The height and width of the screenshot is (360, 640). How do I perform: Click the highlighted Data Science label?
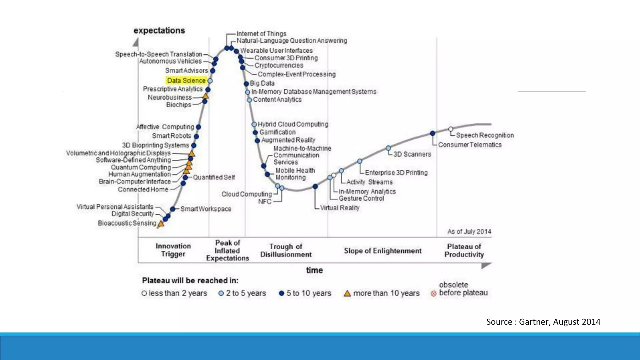tap(186, 81)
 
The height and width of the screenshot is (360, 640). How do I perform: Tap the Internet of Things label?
tap(261, 33)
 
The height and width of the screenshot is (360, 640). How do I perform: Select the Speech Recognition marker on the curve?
tap(451, 129)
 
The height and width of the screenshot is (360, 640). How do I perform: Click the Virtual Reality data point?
tap(315, 187)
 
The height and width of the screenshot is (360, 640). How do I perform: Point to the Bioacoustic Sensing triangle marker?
tap(161, 223)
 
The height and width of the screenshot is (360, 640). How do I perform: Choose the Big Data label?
tap(262, 83)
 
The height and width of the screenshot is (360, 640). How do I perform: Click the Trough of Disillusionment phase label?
tap(286, 251)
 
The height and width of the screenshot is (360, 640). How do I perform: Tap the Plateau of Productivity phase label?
tap(464, 251)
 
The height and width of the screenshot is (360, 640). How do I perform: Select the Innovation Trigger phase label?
tap(173, 250)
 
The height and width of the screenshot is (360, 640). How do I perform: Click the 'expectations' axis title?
tap(159, 30)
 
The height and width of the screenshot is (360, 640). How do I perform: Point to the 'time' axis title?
tap(314, 270)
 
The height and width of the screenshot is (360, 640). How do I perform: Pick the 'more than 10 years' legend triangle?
tap(347, 293)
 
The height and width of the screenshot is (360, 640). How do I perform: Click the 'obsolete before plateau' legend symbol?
tap(433, 293)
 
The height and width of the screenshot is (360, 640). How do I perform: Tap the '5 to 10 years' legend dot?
tap(281, 293)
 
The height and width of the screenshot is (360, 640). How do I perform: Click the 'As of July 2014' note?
tap(469, 232)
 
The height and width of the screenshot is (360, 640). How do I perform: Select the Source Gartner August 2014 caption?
tap(543, 322)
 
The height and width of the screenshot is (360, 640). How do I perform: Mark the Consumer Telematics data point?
tap(432, 133)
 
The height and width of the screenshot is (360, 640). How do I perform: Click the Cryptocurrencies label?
tap(279, 65)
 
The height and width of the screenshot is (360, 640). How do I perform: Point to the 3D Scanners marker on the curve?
tap(388, 148)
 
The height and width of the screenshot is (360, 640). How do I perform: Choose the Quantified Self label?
tap(214, 177)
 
